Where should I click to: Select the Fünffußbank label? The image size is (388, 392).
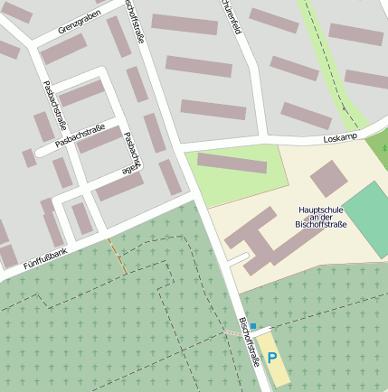coord(45,256)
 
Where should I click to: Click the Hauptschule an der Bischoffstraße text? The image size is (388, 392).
coord(321,217)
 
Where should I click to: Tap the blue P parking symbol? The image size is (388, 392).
coord(272,359)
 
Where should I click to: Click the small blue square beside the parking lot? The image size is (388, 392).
coord(254,325)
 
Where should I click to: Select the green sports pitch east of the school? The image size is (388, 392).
coord(367,218)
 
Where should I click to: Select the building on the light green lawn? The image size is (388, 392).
coord(232,163)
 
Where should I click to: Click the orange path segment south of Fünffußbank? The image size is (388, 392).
coord(117,257)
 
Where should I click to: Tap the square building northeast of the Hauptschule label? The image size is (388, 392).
coord(327,178)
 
